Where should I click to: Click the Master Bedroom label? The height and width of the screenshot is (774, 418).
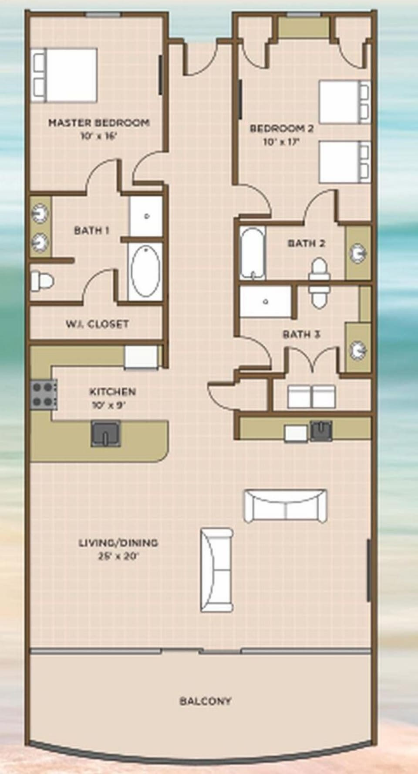[99, 123]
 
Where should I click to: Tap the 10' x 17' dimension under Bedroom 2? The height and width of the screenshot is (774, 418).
[281, 142]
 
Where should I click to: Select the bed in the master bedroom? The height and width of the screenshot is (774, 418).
[65, 75]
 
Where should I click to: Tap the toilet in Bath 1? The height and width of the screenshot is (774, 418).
[42, 281]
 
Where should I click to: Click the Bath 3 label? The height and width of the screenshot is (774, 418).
[301, 334]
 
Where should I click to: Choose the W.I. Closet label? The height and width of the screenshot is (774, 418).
[97, 324]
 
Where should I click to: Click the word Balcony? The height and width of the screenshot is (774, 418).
[206, 701]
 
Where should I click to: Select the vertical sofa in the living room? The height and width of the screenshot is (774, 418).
[216, 570]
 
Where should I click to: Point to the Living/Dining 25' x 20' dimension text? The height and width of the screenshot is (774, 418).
[118, 556]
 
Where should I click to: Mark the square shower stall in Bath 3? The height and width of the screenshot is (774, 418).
[266, 301]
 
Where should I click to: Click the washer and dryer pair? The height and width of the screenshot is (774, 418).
[311, 396]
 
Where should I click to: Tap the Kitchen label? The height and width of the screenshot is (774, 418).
[112, 391]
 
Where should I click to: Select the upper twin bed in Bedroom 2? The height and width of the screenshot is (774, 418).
[344, 102]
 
